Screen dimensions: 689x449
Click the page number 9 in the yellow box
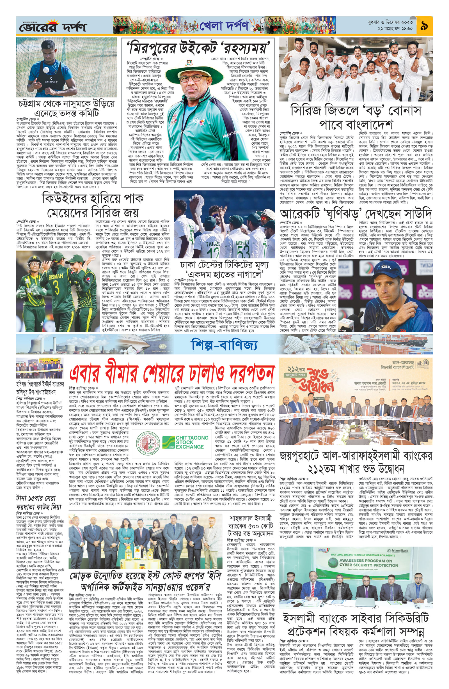click(x=424, y=25)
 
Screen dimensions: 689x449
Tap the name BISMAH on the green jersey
click(x=56, y=277)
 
